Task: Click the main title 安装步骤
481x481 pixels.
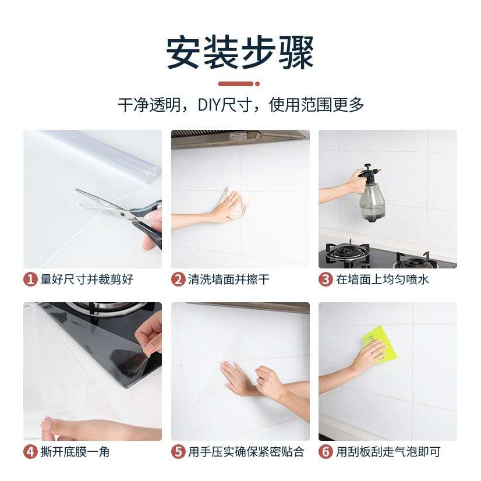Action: [x=240, y=52]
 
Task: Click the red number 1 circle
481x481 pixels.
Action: [x=30, y=280]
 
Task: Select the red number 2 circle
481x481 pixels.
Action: [x=178, y=280]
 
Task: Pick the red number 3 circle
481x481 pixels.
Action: [x=326, y=280]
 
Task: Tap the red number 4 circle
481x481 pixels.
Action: [x=30, y=452]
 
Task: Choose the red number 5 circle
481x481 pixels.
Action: [x=178, y=452]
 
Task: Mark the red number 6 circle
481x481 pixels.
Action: [x=326, y=452]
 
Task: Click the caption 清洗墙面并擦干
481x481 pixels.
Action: [x=229, y=280]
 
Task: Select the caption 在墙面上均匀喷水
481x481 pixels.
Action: [x=382, y=280]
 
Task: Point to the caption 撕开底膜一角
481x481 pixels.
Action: [x=75, y=452]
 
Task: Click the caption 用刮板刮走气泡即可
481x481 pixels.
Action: [x=388, y=452]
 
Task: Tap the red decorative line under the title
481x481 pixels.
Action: [x=239, y=84]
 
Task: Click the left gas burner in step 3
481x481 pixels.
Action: [x=346, y=253]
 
